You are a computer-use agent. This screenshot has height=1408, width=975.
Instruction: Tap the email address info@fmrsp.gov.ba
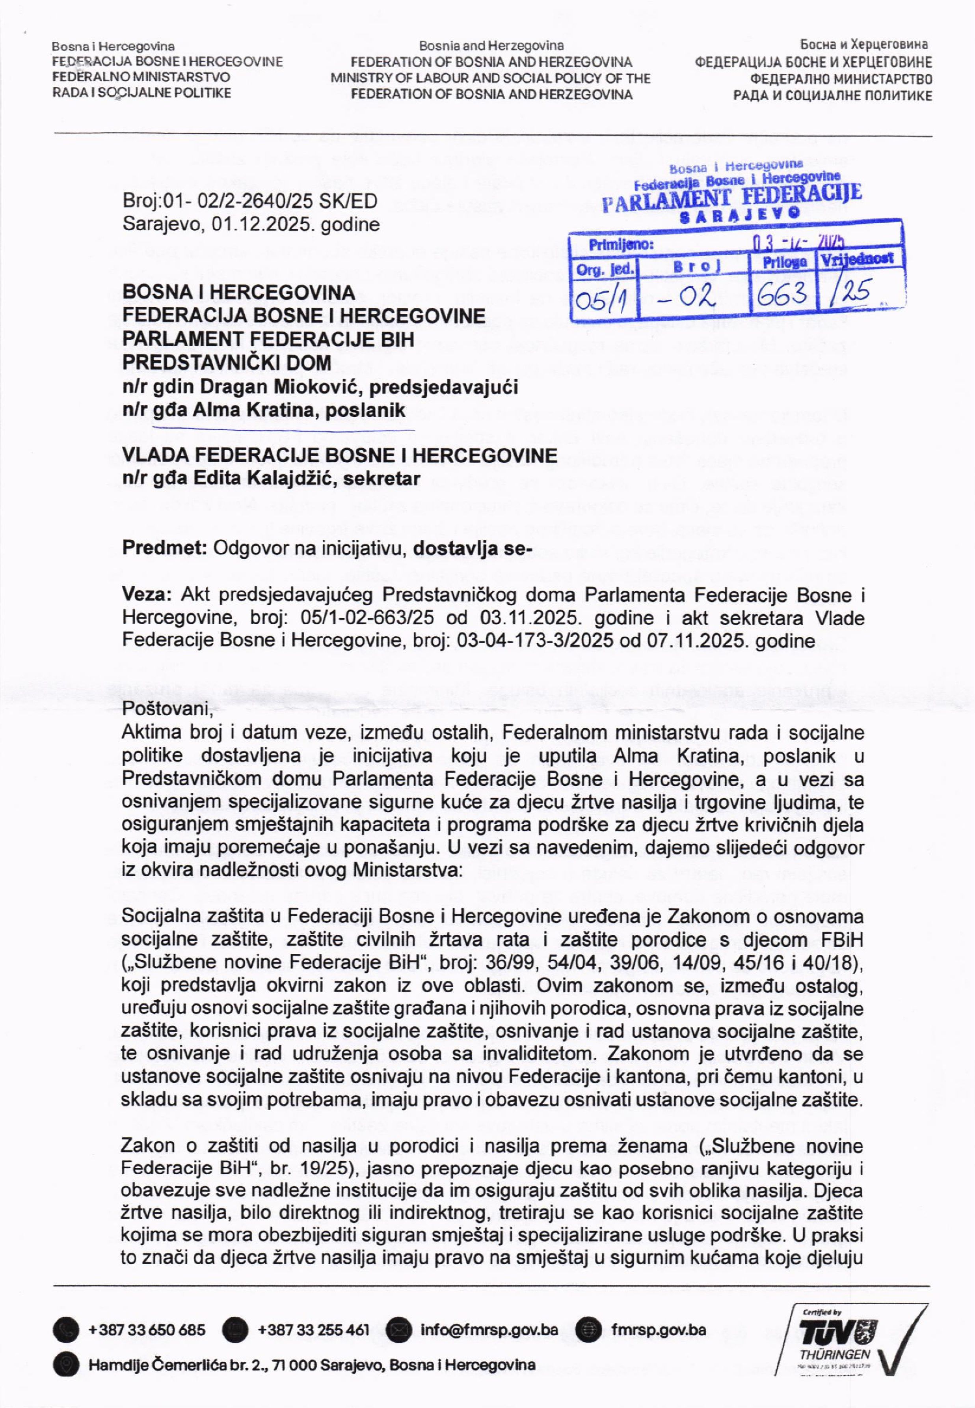point(489,1330)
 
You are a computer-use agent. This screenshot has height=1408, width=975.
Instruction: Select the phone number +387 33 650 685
point(147,1330)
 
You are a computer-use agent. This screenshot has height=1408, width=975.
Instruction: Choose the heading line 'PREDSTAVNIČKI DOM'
point(227,362)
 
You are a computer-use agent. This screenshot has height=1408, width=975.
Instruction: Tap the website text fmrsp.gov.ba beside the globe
point(659,1330)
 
